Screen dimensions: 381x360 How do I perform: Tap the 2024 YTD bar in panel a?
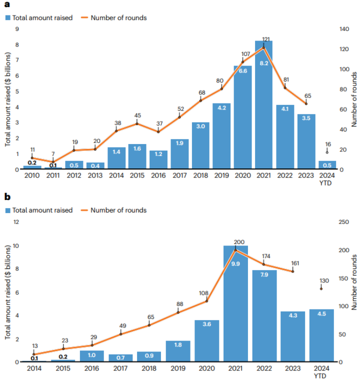[327, 165]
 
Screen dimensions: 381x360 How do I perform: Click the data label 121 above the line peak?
[266, 39]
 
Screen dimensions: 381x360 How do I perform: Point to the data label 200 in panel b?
[239, 242]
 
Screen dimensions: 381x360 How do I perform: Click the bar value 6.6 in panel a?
[242, 71]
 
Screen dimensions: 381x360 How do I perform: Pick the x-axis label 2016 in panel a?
[158, 175]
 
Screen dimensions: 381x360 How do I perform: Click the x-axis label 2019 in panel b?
[178, 368]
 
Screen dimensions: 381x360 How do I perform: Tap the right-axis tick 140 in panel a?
[345, 29]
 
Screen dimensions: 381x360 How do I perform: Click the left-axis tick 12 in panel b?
[15, 222]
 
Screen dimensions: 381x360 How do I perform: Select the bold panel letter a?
[6, 6]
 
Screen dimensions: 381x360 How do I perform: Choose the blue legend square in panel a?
[8, 18]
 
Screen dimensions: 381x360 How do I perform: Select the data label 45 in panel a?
[137, 115]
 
